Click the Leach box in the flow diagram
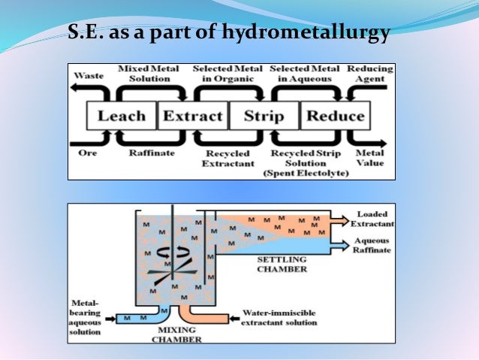tap(121, 116)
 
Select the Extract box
tap(192, 116)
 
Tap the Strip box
tap(264, 116)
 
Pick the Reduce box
tap(335, 116)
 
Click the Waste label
tap(89, 76)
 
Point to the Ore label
tap(89, 153)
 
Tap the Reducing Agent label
tap(369, 74)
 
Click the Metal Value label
tap(369, 158)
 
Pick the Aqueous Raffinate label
tap(372, 246)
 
